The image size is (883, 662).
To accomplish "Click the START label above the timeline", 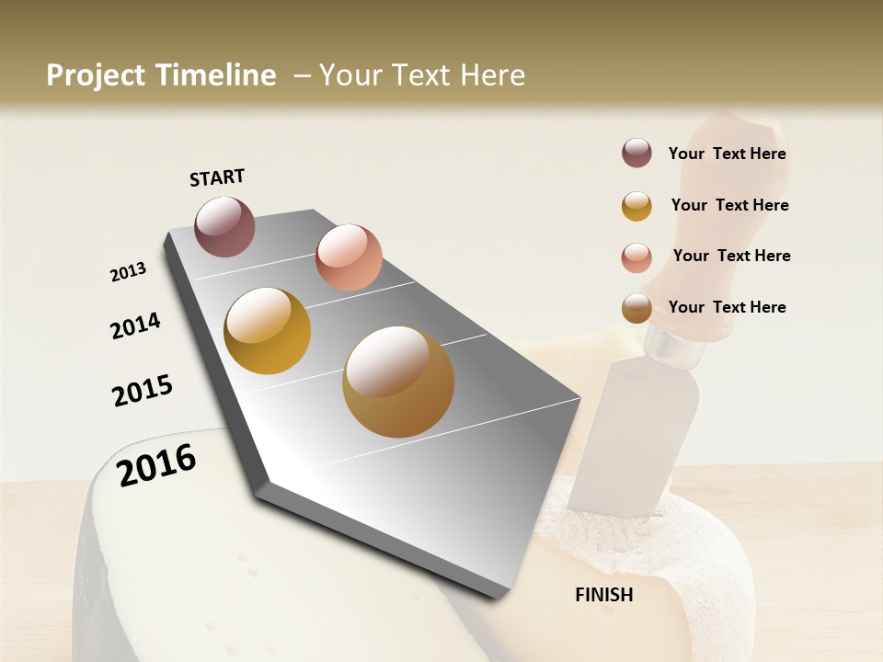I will [x=217, y=177].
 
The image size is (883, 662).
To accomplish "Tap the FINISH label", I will [x=604, y=595].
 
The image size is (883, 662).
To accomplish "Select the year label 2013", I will [x=129, y=272].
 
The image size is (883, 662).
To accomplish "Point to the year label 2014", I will [x=136, y=325].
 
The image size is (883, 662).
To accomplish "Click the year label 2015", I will [x=143, y=391].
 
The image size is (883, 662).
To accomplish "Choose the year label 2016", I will [x=156, y=465].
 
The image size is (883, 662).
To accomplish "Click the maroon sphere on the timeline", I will [x=225, y=226].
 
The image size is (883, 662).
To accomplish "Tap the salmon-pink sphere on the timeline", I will [x=349, y=257].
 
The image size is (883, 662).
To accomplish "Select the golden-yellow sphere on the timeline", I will [x=268, y=331].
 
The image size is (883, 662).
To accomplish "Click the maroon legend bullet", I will [x=636, y=154].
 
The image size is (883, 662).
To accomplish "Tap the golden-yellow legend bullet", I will [x=636, y=205].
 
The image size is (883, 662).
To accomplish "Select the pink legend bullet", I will [x=636, y=257].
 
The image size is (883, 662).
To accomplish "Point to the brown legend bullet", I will [x=636, y=308].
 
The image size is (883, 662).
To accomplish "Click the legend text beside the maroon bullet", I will [x=727, y=154].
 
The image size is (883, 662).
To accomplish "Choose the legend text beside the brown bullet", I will [x=727, y=307].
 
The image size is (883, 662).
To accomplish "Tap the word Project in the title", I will [x=97, y=75].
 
